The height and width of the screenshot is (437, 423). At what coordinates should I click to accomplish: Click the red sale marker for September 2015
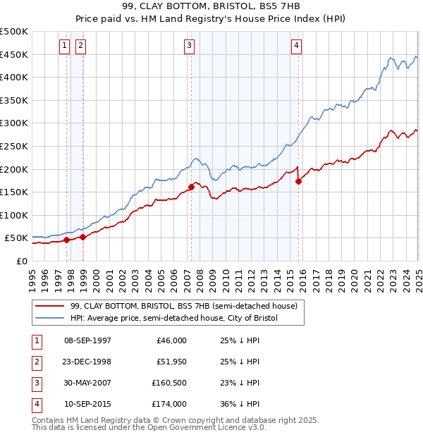[298, 181]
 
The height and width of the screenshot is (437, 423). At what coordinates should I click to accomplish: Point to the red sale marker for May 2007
[191, 187]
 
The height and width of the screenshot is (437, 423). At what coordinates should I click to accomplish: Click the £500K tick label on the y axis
[14, 32]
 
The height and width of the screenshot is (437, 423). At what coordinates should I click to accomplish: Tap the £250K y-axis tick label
[14, 146]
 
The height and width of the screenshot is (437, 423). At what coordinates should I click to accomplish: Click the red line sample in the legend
[50, 306]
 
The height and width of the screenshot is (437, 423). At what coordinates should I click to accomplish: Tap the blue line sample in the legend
[50, 319]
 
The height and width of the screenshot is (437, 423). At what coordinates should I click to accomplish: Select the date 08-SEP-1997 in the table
[87, 340]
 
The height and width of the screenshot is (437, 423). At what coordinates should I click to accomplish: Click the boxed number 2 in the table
[36, 362]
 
